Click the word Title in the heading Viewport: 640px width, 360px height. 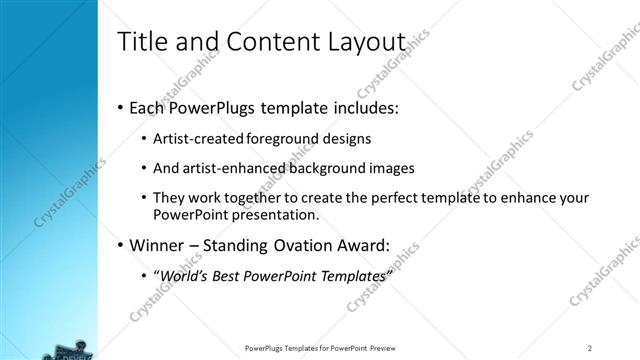point(142,42)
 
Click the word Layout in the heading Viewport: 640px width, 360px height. point(367,42)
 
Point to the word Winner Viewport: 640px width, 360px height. point(156,244)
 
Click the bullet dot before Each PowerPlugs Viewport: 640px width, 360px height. point(121,105)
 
